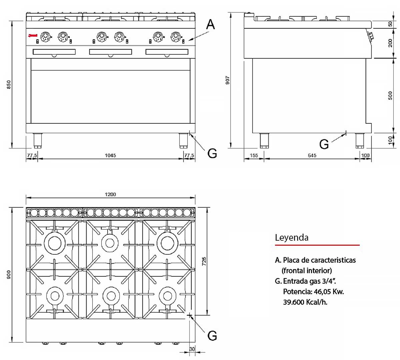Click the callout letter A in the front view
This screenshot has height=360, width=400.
pyautogui.click(x=210, y=24)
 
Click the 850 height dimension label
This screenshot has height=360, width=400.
pyautogui.click(x=9, y=84)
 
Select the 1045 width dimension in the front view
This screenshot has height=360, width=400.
pyautogui.click(x=110, y=155)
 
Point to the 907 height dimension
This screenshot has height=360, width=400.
pyautogui.click(x=228, y=80)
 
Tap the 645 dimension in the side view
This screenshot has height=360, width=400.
pyautogui.click(x=312, y=155)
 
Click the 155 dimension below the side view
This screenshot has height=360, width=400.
pyautogui.click(x=254, y=155)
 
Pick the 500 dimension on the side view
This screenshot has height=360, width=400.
pyautogui.click(x=390, y=96)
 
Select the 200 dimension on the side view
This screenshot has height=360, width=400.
pyautogui.click(x=390, y=43)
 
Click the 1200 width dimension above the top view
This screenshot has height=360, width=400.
pyautogui.click(x=110, y=194)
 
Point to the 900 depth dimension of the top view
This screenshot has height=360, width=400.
pyautogui.click(x=9, y=274)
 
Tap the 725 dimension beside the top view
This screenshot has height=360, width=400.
pyautogui.click(x=204, y=261)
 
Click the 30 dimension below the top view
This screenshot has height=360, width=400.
pyautogui.click(x=192, y=349)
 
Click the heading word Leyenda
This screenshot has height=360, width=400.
pyautogui.click(x=292, y=238)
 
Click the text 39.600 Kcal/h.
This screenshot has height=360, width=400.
pyautogui.click(x=305, y=302)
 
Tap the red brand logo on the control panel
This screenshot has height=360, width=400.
pyautogui.click(x=33, y=36)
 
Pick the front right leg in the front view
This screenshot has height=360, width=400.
pyautogui.click(x=183, y=140)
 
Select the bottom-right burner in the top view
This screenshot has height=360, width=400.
pyautogui.click(x=167, y=296)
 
